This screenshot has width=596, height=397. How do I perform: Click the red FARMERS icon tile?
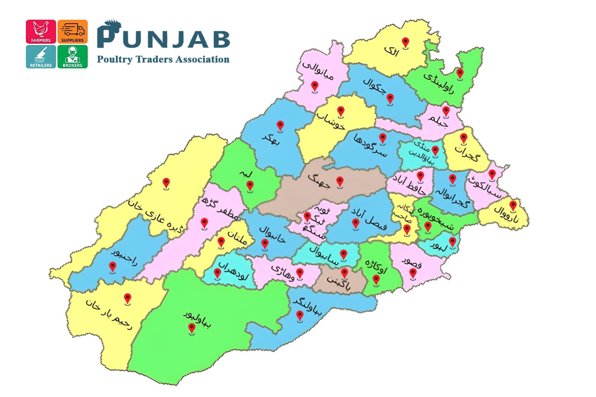click(x=41, y=32)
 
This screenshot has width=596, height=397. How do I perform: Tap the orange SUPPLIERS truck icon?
click(x=72, y=32)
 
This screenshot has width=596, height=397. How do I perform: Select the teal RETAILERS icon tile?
click(x=41, y=57)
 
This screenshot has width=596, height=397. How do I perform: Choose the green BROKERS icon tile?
click(x=72, y=57)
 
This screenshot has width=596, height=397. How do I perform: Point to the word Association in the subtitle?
click(x=201, y=59)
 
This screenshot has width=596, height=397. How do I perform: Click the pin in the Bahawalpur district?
click(x=191, y=329)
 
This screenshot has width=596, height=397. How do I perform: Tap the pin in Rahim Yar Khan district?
click(x=127, y=299)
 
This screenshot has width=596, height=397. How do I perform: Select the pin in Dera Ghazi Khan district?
click(x=166, y=183)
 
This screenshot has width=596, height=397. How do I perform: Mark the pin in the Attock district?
click(x=406, y=43)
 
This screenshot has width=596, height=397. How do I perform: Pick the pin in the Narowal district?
click(x=513, y=205)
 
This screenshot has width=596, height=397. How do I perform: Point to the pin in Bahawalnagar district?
click(x=300, y=316)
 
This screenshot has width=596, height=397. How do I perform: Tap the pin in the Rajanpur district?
click(x=112, y=267)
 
